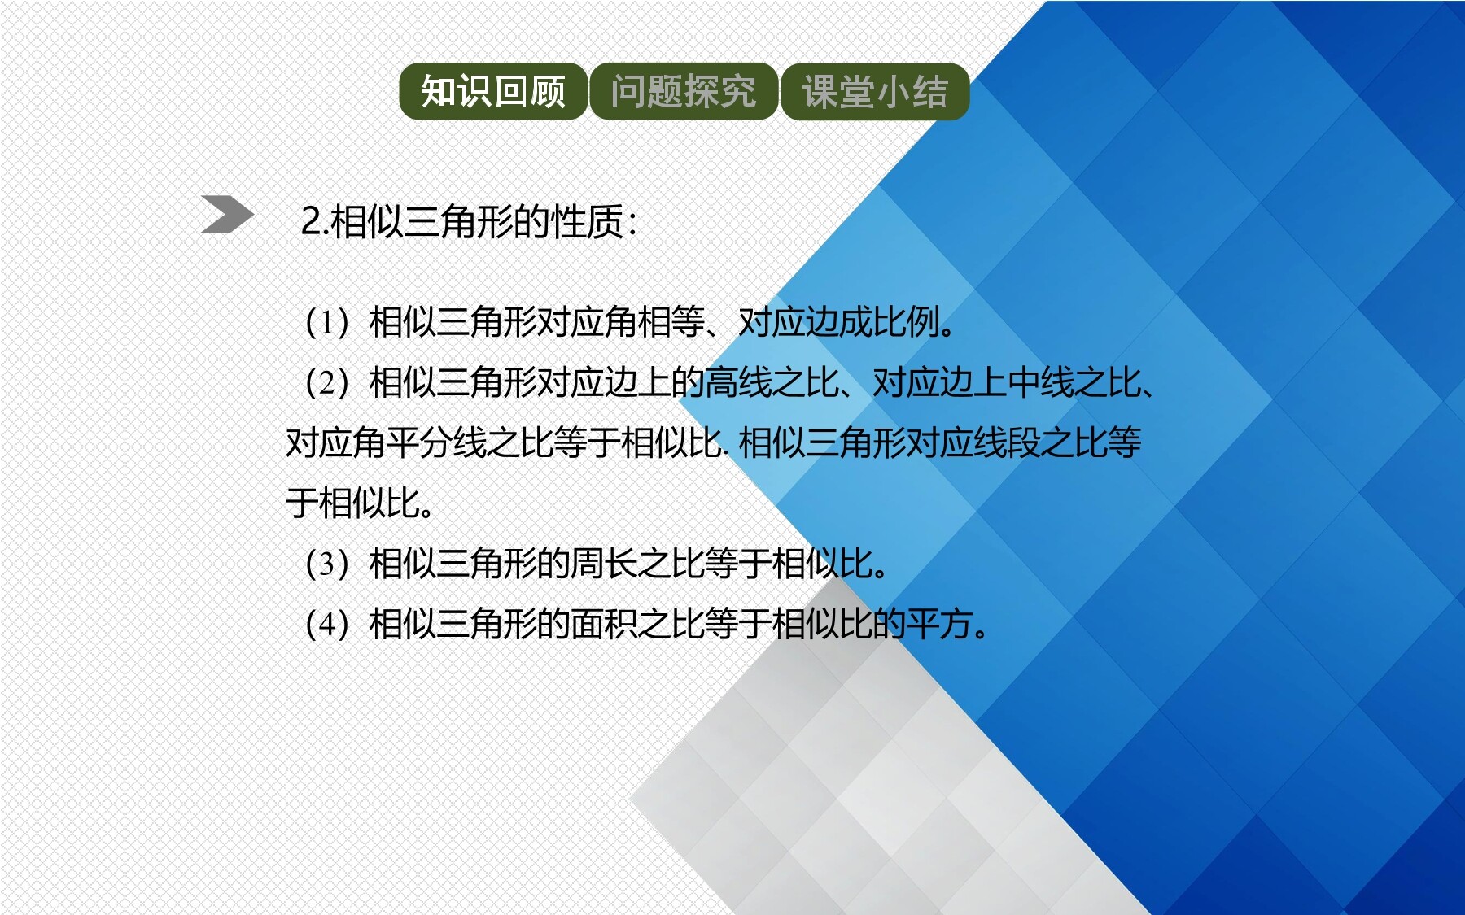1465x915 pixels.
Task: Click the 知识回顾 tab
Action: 493,91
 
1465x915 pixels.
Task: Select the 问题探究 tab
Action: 684,91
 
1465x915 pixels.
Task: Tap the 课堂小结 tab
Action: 875,91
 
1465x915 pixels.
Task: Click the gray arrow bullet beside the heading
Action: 227,215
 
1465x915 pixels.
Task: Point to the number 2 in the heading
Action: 310,221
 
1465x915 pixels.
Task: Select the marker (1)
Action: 326,322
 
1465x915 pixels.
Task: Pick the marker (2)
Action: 326,382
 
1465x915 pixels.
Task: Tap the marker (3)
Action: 326,563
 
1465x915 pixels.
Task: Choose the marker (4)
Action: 326,624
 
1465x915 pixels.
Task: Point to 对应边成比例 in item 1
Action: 837,322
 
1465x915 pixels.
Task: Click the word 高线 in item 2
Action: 737,382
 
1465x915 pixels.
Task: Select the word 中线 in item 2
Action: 1041,382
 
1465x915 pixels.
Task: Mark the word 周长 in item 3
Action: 604,563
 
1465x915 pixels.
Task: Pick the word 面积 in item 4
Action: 604,624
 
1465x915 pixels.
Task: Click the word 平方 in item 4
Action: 939,624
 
